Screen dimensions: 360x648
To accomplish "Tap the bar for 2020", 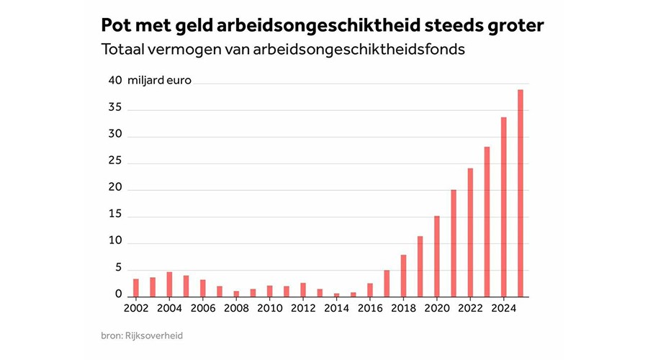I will coord(436,256).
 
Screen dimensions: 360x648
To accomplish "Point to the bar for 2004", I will coord(169,284).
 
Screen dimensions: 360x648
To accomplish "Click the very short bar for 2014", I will coord(336,294).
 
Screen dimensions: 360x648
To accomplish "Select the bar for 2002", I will coord(136,288).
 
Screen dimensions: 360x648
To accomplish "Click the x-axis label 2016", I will coord(370,309).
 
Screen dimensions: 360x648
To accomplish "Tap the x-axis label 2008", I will coord(236,309).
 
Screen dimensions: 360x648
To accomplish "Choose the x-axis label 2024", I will coord(503,309).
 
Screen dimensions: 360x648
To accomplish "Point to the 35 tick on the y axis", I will coord(115,108).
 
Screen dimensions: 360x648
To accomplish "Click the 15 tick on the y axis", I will coord(115,215).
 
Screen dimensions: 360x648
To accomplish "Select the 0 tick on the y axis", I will coord(118,294).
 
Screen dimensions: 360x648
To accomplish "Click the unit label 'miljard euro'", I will coord(160,81).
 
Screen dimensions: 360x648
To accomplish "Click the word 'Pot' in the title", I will coord(118,26).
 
